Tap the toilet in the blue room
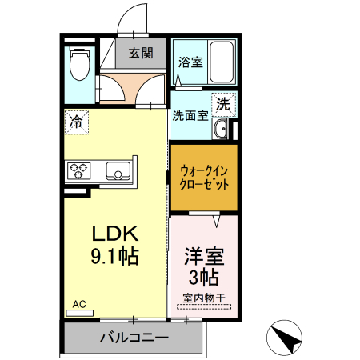pos(78,65)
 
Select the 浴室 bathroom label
pos(190,62)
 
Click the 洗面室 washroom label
pos(190,114)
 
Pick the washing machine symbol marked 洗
pos(224,103)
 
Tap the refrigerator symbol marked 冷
pos(76,122)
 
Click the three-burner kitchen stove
pos(80,170)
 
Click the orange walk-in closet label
pos(203,178)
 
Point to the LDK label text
pos(114,234)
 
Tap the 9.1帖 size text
pos(114,257)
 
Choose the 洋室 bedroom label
pos(203,257)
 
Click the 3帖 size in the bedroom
pos(203,278)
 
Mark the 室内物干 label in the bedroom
pos(203,298)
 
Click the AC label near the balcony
pos(79,304)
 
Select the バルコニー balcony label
pos(134,338)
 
